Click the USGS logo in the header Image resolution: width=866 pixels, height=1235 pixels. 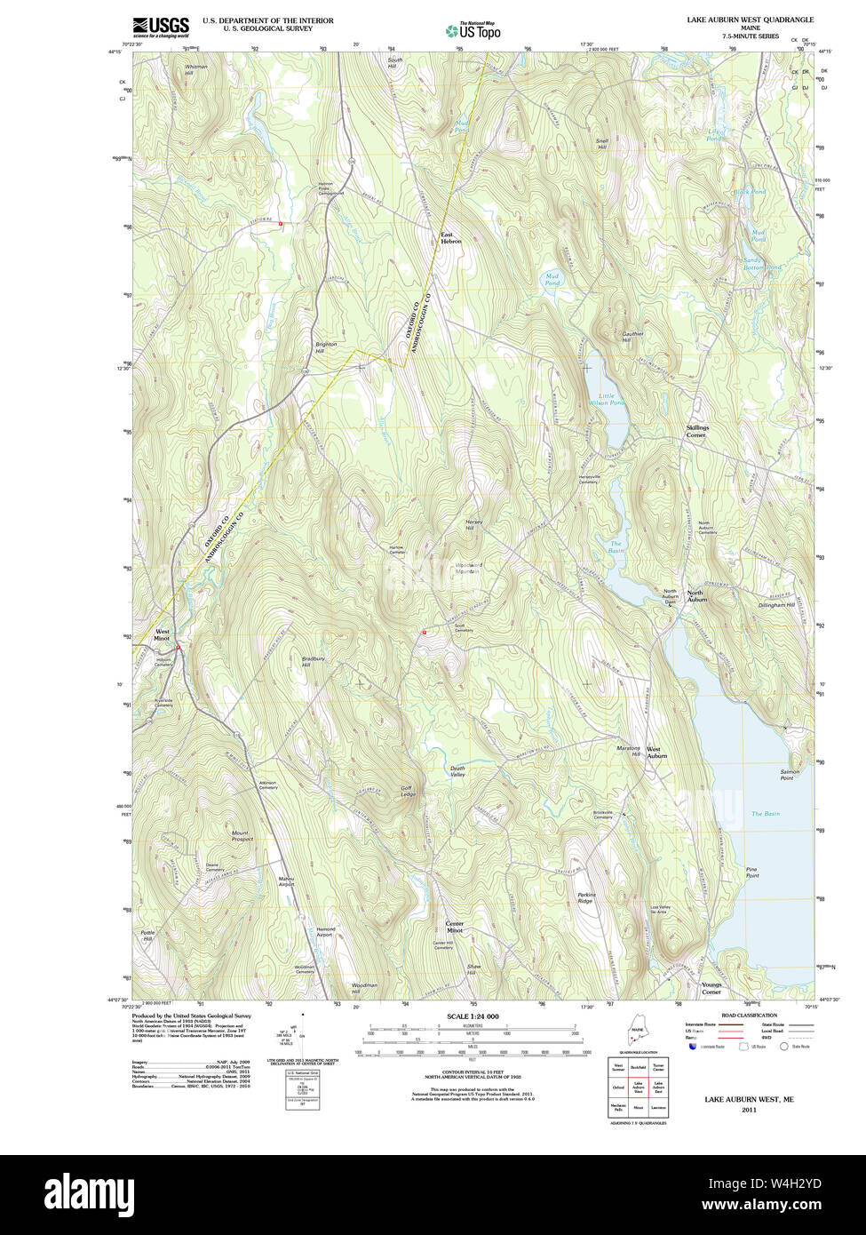(x=160, y=26)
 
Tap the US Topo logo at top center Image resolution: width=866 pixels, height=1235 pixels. (x=473, y=31)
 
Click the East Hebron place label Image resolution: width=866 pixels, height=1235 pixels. (x=451, y=238)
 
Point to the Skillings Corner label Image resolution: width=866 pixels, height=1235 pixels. (x=696, y=431)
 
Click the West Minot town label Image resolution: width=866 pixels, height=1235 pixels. (x=161, y=634)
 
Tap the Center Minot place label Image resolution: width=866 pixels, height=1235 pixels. (x=454, y=928)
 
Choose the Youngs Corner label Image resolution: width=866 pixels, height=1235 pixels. (x=711, y=988)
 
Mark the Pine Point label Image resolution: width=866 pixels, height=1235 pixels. (x=751, y=872)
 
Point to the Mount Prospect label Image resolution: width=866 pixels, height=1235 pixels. (x=242, y=835)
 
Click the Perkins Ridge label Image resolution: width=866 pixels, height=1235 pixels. (x=585, y=898)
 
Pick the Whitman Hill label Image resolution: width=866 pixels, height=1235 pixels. (x=195, y=69)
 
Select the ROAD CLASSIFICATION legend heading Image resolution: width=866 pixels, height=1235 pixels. (x=749, y=1015)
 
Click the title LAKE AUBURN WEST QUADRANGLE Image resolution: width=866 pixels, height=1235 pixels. (x=749, y=20)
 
